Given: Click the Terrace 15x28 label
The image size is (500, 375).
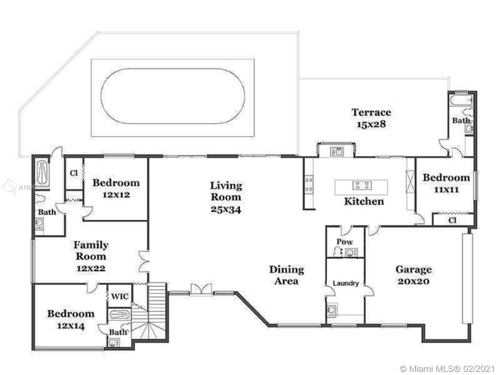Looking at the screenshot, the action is point(371,118).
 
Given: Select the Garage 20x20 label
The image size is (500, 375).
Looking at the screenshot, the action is point(414,275).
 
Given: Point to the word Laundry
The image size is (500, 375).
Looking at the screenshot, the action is point(346,283).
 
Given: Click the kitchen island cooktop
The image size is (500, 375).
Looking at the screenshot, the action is point(362,185).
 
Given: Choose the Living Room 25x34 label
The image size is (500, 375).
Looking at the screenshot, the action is point(226,197).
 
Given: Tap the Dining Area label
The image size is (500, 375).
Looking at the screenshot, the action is point(287,275).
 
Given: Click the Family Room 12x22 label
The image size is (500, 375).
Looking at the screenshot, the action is point(91,256).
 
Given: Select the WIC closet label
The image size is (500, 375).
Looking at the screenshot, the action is point(120,297).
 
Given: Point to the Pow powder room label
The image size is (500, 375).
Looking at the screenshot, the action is point(345,241).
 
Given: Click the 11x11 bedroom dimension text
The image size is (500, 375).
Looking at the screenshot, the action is point(446,190).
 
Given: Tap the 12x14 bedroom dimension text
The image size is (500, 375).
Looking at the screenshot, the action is point(71,326).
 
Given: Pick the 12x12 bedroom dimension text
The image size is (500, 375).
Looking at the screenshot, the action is point(116,195).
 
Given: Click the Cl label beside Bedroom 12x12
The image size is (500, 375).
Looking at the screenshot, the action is point(74,173).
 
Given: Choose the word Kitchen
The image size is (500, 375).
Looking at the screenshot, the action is point(364,201).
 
